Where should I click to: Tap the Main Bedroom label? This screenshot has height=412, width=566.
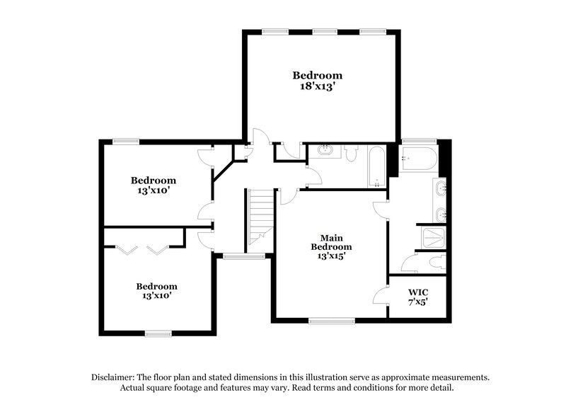(330, 243)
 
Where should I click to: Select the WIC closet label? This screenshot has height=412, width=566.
(417, 292)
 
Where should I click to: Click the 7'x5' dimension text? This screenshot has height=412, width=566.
(417, 303)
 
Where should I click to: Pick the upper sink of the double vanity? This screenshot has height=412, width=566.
(441, 189)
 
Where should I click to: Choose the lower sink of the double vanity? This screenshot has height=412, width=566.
(441, 213)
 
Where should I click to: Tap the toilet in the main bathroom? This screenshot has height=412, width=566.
(436, 262)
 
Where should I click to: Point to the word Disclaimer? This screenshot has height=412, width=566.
(114, 377)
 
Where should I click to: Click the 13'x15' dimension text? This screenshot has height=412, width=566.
(330, 257)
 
